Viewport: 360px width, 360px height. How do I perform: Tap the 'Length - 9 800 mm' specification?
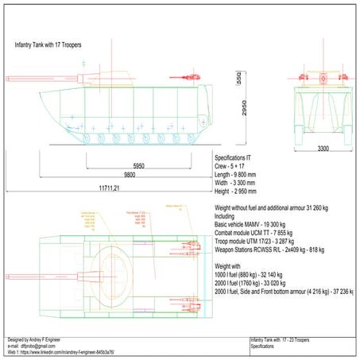241,175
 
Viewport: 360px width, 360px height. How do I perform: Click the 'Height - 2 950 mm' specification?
241,192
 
